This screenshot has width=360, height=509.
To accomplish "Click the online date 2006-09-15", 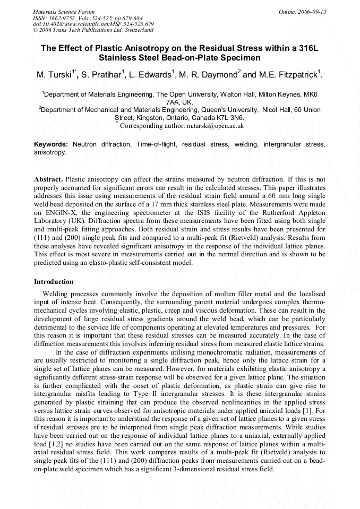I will coord(312,12).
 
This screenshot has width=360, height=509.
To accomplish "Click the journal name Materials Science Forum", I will coord(64,12).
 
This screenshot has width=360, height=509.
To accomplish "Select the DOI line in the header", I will coord(93,24).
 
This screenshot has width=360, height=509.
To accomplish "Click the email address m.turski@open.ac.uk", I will coord(215,126).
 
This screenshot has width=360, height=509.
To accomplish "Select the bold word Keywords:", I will coord(51,144).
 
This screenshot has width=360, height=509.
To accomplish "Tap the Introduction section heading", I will coord(54,281).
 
